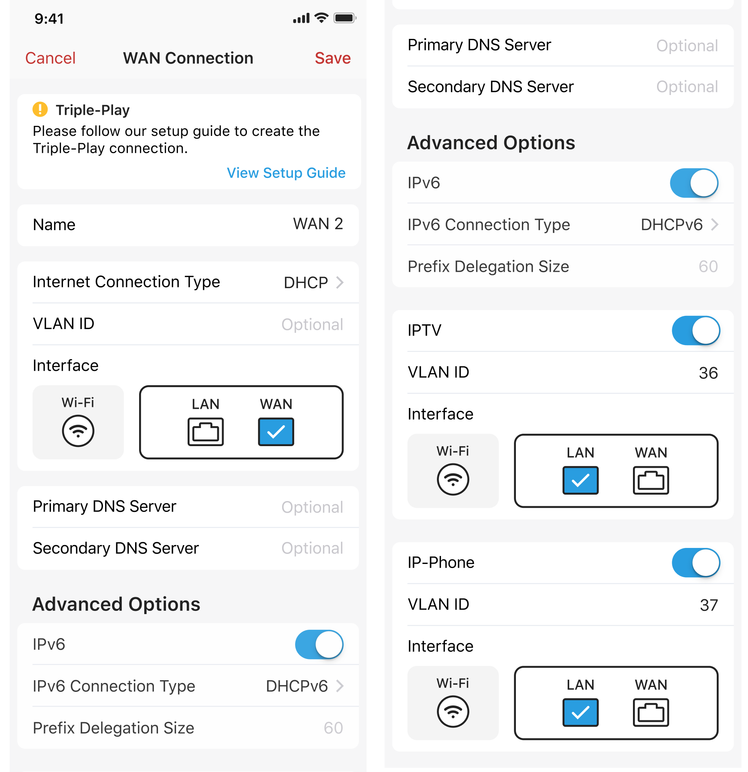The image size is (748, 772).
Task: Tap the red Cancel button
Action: pyautogui.click(x=50, y=58)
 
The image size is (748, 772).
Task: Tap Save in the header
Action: pyautogui.click(x=333, y=58)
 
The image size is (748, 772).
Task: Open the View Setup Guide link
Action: pyautogui.click(x=286, y=173)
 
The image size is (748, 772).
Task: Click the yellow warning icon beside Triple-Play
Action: pyautogui.click(x=40, y=109)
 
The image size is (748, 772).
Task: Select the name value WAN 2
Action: pyautogui.click(x=318, y=224)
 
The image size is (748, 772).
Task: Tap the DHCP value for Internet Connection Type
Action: pyautogui.click(x=306, y=283)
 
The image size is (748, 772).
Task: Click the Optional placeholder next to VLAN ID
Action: pyautogui.click(x=312, y=324)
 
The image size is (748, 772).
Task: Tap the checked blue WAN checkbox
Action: pyautogui.click(x=276, y=432)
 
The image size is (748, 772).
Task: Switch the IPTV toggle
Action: pyautogui.click(x=696, y=331)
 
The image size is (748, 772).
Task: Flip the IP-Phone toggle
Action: pyautogui.click(x=696, y=563)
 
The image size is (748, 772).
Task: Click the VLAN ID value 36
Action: pyautogui.click(x=708, y=373)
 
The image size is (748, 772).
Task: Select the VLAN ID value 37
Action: pyautogui.click(x=709, y=605)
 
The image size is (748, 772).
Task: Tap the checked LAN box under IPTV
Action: pyautogui.click(x=580, y=480)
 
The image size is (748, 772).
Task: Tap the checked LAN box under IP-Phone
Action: pyautogui.click(x=580, y=712)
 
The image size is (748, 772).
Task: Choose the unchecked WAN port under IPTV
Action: pyautogui.click(x=651, y=480)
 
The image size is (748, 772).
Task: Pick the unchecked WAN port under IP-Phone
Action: pyautogui.click(x=651, y=712)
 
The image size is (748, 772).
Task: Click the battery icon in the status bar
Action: pyautogui.click(x=345, y=18)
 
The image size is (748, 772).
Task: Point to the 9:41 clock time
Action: pyautogui.click(x=49, y=18)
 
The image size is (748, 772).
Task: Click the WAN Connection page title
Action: pyautogui.click(x=188, y=58)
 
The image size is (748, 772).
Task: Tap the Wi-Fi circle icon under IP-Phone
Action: pyautogui.click(x=453, y=711)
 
